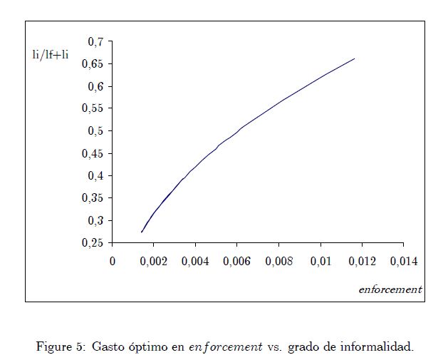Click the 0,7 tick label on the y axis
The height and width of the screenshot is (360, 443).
pos(95,42)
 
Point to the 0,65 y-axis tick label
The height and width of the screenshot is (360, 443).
pos(93,64)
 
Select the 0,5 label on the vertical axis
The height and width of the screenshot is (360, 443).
pos(95,131)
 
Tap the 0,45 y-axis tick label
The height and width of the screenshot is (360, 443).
pos(93,153)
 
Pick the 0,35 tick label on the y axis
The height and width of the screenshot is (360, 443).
pos(93,198)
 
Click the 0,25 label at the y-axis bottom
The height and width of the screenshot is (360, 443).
pos(93,243)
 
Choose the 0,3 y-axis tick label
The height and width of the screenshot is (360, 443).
pos(95,220)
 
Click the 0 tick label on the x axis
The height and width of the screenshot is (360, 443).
pos(112,262)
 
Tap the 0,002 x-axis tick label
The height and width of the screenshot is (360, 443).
pos(153,262)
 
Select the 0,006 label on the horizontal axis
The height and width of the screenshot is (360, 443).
pos(236,262)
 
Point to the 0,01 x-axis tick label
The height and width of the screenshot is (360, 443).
pos(320,262)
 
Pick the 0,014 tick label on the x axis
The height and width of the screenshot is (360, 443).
pos(403,262)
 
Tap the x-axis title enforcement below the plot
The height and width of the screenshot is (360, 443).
pos(390,289)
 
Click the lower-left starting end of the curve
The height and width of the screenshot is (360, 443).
pos(142,232)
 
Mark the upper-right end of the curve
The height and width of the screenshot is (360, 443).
pos(354,58)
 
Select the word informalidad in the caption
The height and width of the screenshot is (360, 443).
pos(381,348)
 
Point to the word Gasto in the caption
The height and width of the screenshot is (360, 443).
pos(107,348)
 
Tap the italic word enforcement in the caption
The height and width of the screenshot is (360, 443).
pos(225,348)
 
